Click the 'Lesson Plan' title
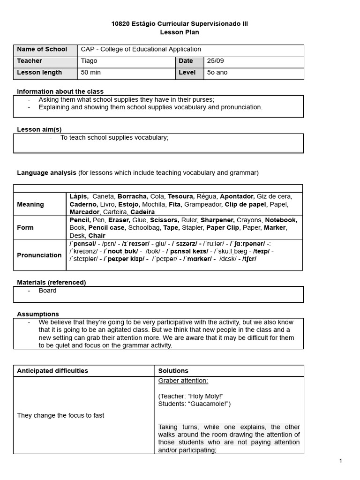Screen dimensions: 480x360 180,32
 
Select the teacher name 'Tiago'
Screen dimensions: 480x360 89,61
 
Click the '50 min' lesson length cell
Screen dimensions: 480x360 91,73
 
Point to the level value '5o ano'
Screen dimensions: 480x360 217,73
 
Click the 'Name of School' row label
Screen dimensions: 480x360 42,49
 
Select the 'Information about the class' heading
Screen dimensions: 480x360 60,91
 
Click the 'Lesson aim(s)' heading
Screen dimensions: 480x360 39,129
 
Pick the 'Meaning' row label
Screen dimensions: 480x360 30,204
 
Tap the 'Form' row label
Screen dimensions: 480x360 25,227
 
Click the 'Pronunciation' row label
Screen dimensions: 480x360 39,255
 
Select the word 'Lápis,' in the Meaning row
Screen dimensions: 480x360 79,196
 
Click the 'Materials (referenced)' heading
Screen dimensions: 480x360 52,282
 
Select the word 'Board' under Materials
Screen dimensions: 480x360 47,291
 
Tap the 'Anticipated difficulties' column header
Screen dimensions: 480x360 52,371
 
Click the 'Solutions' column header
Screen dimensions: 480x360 173,371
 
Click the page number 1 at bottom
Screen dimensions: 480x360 341,461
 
